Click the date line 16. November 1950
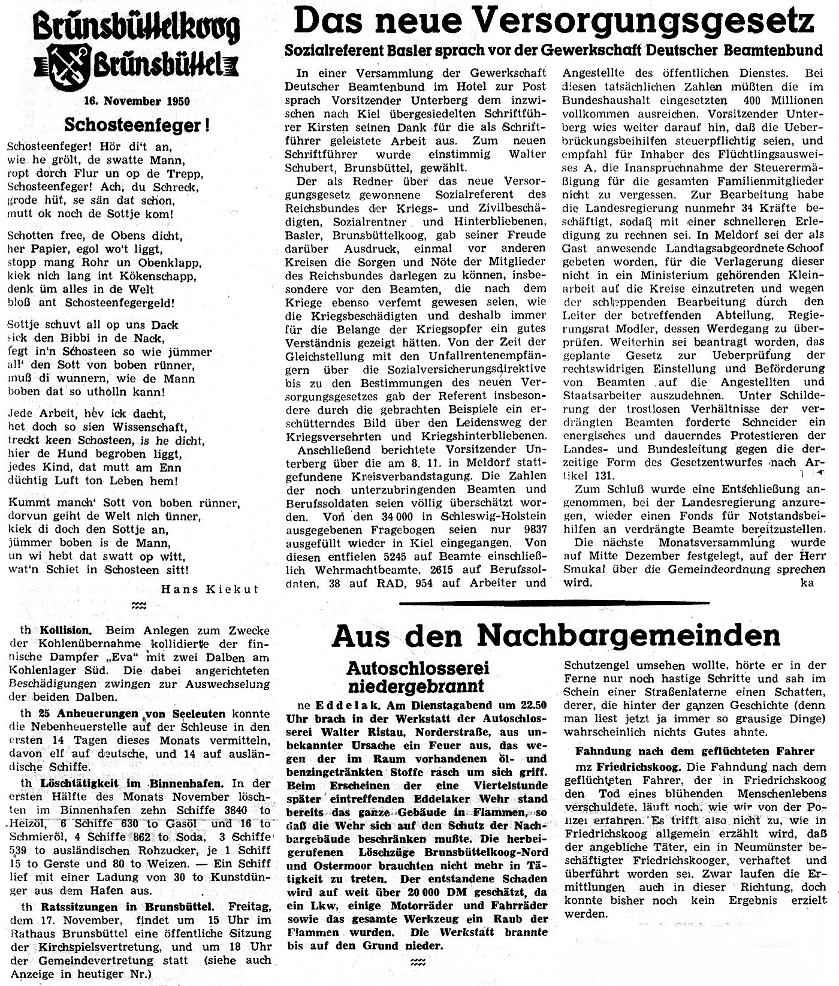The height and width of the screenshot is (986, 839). [x=137, y=101]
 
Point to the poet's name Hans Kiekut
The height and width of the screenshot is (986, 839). [x=209, y=589]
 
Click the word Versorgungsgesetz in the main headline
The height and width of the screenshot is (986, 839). [x=639, y=23]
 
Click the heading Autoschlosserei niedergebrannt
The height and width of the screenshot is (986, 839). [x=417, y=676]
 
